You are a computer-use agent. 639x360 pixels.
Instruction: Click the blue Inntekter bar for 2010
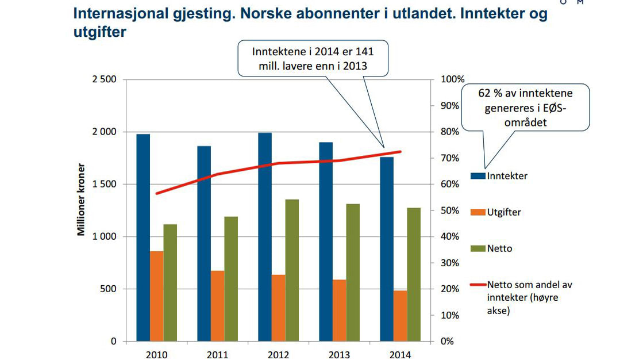coord(143,237)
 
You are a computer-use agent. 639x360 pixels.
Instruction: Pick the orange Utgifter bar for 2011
coord(217,306)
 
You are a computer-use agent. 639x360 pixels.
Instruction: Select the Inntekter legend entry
coord(506,175)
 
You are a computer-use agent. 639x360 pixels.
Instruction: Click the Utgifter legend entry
coord(503,212)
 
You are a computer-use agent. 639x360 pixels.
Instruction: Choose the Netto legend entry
coord(499,249)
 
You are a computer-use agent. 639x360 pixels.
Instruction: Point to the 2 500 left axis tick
coord(103,79)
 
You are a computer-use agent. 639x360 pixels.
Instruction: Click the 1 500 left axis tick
coord(103,185)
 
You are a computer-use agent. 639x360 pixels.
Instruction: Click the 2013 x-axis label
coord(339,354)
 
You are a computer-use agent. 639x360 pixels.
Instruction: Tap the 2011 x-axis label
coord(217,354)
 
